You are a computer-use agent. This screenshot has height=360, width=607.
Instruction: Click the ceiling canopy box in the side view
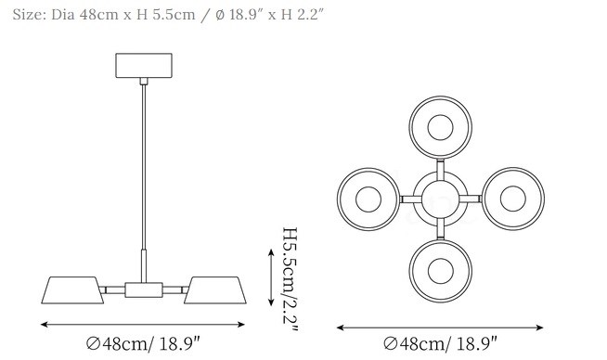pyautogui.click(x=144, y=66)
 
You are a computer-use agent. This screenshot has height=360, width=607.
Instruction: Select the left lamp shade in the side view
pyautogui.click(x=72, y=289)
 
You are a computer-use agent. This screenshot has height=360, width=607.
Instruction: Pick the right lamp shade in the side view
pyautogui.click(x=215, y=289)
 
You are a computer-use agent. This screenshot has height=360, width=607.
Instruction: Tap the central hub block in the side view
pyautogui.click(x=144, y=289)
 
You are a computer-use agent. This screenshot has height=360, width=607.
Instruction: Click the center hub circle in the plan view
pyautogui.click(x=441, y=199)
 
